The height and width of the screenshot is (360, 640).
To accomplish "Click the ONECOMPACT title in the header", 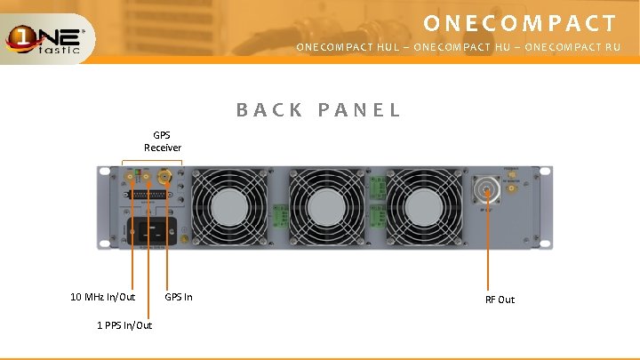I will [519, 22].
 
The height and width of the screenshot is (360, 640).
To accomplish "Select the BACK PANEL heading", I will [318, 110].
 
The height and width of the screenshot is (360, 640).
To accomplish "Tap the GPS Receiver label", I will [163, 141].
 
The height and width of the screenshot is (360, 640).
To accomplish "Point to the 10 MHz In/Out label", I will [103, 297].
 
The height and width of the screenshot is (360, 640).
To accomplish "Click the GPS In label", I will [179, 297].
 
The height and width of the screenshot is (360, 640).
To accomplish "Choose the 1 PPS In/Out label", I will [124, 325].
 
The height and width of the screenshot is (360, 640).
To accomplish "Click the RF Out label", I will [500, 300].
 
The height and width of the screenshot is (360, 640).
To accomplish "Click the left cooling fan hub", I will [227, 207].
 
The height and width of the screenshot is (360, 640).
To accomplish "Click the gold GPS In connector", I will [164, 179].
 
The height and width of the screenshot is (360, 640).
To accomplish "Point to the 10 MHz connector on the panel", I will [131, 179].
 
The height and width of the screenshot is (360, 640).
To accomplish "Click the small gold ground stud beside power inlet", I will [184, 238].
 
